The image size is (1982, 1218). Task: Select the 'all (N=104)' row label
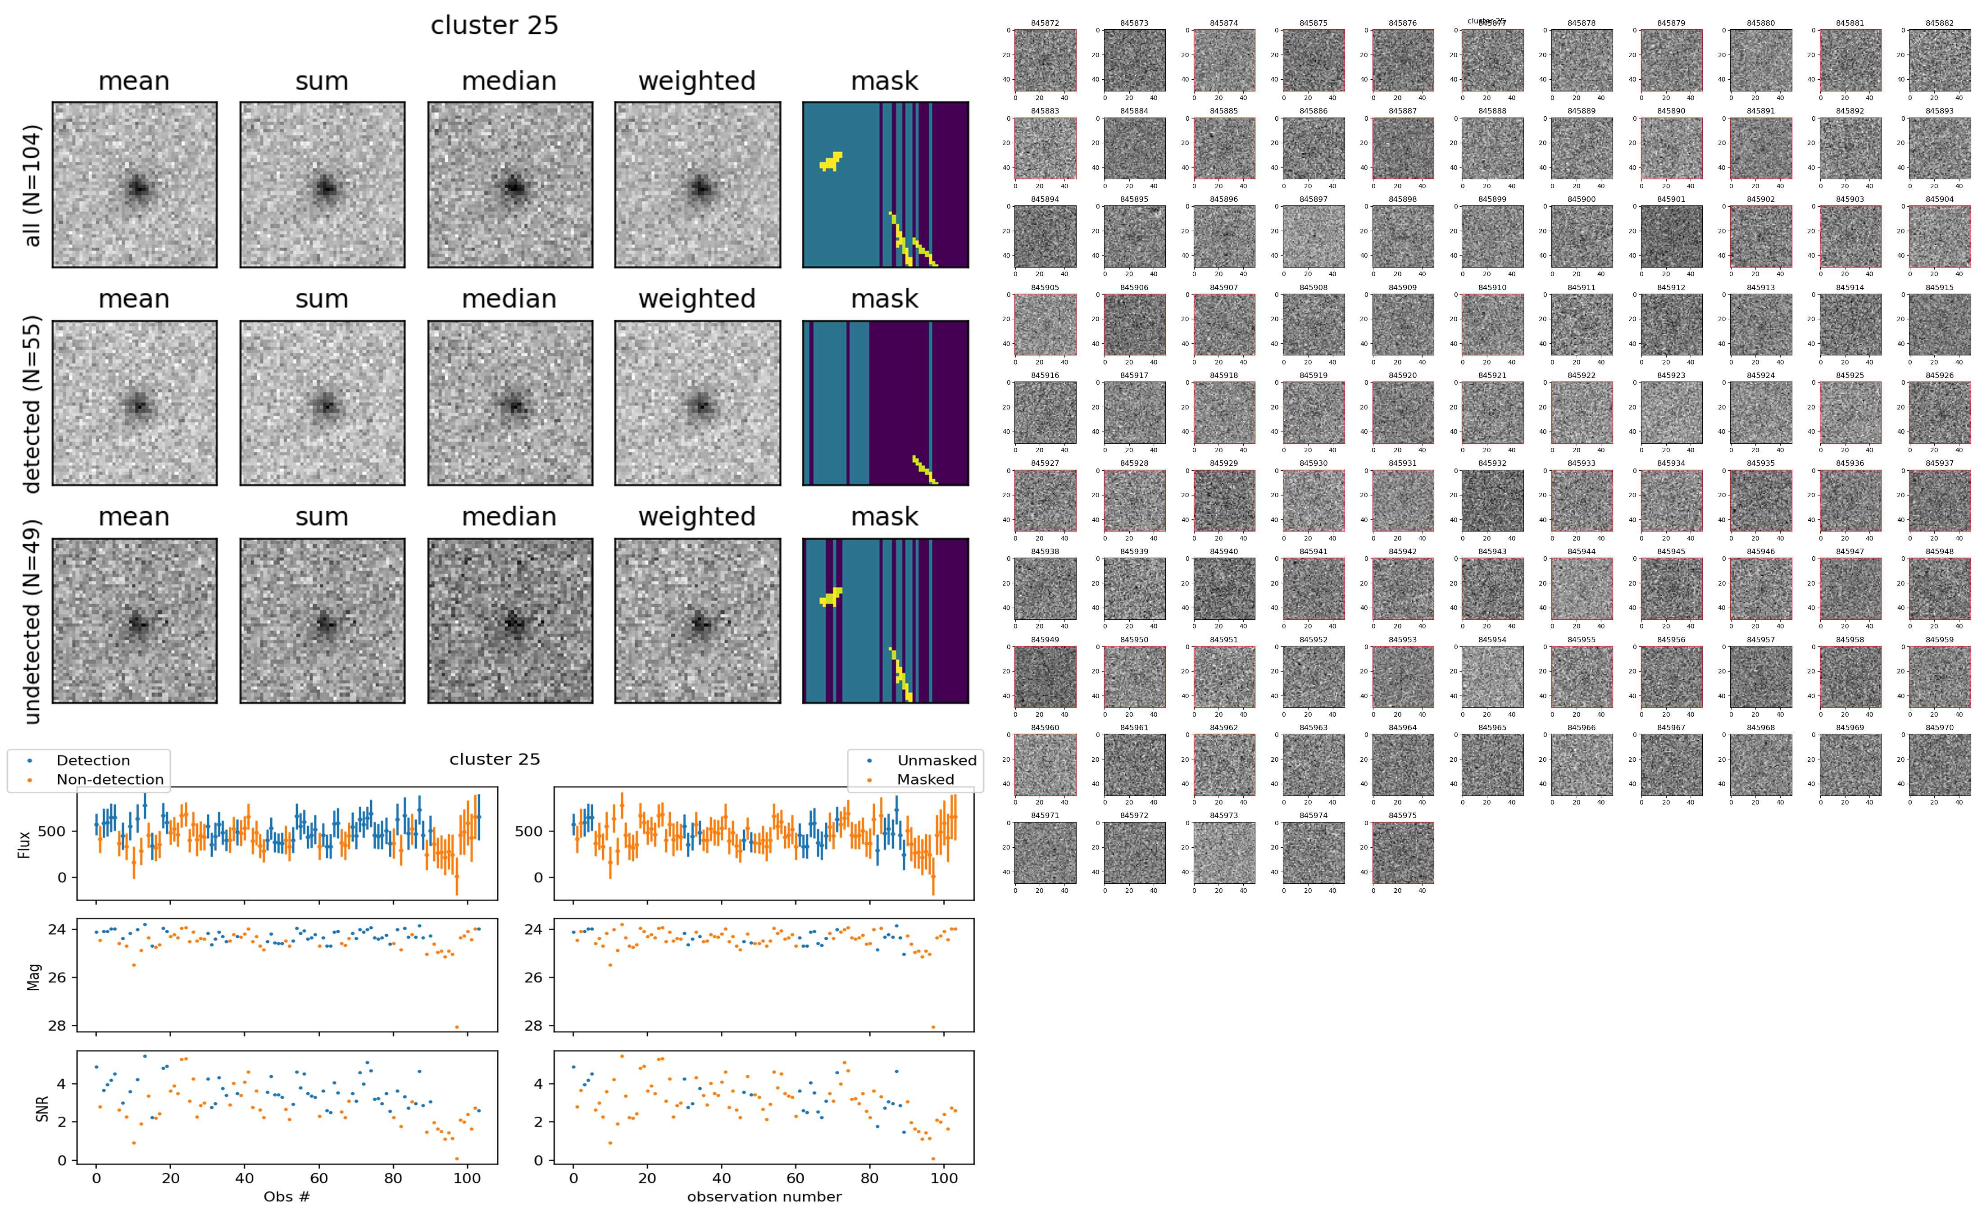point(32,185)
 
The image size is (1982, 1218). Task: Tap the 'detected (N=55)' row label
point(32,404)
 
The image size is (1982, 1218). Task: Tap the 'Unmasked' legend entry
point(936,760)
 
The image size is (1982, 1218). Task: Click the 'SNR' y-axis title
point(43,1109)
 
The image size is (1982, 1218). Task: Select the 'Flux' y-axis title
point(24,843)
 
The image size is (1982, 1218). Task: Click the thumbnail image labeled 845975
point(1403,852)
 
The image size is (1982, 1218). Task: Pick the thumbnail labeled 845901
point(1671,236)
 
